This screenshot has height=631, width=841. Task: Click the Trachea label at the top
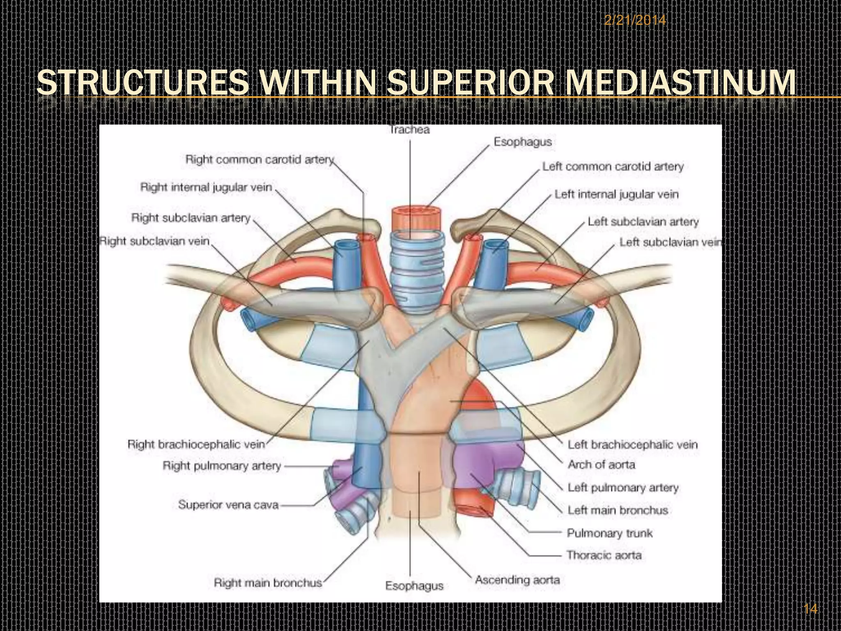(x=409, y=130)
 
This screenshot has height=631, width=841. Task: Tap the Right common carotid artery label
(x=260, y=159)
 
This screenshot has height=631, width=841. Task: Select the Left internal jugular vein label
(x=616, y=194)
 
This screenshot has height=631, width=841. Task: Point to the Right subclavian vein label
(x=155, y=241)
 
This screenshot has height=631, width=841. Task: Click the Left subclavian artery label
(x=643, y=222)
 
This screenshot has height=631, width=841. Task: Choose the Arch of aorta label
(x=601, y=465)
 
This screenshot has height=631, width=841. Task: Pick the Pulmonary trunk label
(x=609, y=533)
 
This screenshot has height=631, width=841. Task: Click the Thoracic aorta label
(x=604, y=555)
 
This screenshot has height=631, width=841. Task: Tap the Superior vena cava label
(x=228, y=505)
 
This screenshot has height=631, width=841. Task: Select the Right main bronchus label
(x=268, y=583)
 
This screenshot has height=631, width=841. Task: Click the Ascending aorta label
(x=517, y=580)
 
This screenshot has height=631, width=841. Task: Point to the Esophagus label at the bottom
(x=414, y=586)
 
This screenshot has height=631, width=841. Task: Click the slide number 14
(x=810, y=609)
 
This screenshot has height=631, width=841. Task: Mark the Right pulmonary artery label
(x=222, y=466)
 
